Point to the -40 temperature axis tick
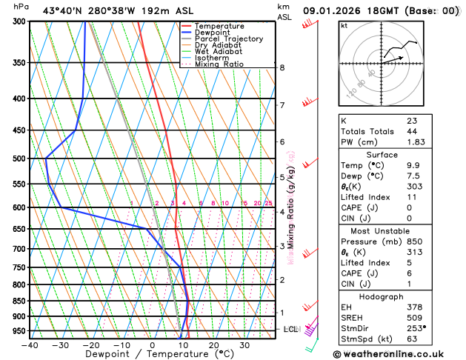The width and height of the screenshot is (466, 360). point(30,345)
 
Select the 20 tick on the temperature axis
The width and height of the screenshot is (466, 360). point(213,345)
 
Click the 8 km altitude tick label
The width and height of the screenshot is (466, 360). point(282,67)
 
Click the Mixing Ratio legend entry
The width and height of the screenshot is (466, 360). point(219,64)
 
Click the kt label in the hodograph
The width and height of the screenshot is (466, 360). point(344,25)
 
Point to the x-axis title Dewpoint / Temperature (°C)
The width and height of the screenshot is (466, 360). point(152,355)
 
